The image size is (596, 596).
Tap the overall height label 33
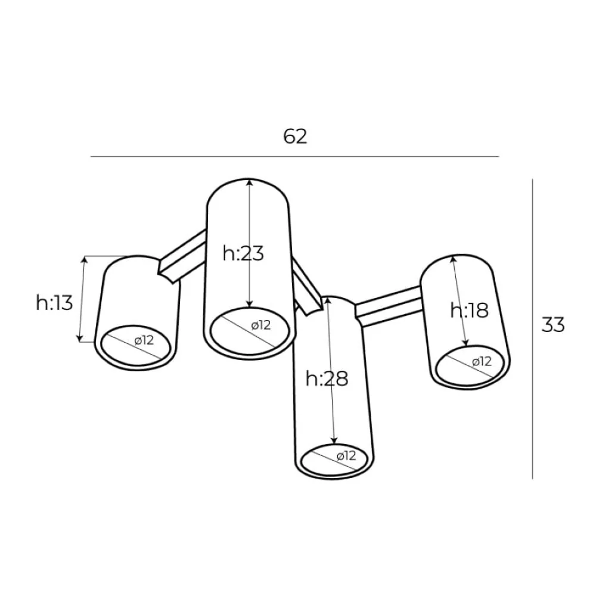553,325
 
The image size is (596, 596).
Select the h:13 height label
54,303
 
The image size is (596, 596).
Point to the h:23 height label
243,253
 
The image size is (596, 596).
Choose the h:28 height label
327,378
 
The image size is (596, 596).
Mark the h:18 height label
470,310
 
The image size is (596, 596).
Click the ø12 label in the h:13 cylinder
144,340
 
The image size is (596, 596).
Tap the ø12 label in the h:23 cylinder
261,325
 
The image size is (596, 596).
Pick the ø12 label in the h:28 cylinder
346,455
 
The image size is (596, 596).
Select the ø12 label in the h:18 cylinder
482,361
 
